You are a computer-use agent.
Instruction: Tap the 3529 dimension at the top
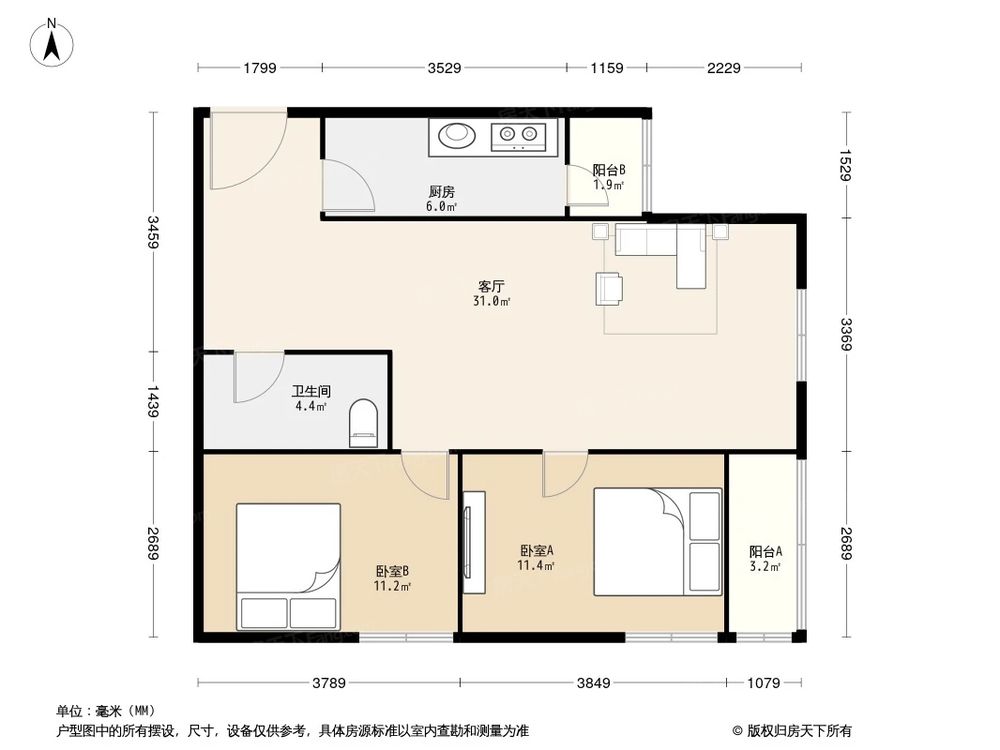click(x=444, y=68)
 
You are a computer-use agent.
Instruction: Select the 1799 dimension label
click(x=258, y=68)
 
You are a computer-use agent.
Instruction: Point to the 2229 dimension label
click(x=724, y=68)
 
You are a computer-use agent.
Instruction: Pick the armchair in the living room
click(x=609, y=288)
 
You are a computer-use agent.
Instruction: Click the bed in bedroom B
click(x=289, y=566)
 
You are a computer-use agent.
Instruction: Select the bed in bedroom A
click(x=657, y=541)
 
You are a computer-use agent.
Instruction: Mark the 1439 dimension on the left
click(x=153, y=402)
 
